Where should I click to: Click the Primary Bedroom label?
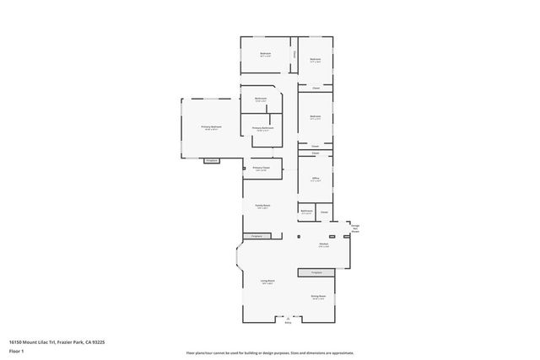click(x=211, y=127)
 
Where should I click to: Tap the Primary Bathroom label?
click(x=262, y=129)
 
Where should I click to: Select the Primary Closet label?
click(x=261, y=169)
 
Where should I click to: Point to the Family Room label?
click(x=262, y=207)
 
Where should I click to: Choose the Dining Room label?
click(x=317, y=298)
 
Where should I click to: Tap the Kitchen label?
click(x=323, y=245)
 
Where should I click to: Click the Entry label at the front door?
click(x=288, y=322)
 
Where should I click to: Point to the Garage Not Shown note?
click(x=355, y=228)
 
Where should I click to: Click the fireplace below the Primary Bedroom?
click(x=212, y=160)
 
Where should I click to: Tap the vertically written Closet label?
click(x=294, y=54)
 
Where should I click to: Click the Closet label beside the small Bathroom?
click(x=324, y=212)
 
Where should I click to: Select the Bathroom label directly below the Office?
click(x=306, y=212)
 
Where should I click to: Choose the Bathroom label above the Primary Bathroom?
click(x=261, y=99)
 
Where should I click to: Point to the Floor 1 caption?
click(x=17, y=352)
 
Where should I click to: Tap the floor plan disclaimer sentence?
click(x=270, y=352)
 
